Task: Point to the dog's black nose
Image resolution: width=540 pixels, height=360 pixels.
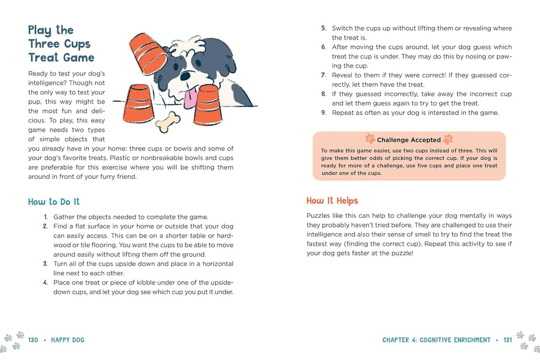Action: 185,76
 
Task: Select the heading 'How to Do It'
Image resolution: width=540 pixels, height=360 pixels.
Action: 54,202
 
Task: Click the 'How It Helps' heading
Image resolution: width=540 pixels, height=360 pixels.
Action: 332,201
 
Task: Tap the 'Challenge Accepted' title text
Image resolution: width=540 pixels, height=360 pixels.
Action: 409,140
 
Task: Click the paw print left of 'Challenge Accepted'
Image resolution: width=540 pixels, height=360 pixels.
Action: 370,139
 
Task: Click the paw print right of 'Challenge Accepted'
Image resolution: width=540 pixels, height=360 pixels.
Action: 448,139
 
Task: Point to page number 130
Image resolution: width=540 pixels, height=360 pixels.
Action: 33,340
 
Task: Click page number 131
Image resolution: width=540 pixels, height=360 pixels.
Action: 507,340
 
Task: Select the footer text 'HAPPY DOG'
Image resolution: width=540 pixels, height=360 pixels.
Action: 68,340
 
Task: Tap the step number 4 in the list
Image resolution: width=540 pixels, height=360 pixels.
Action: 45,283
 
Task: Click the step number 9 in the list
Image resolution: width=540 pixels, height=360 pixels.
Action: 323,113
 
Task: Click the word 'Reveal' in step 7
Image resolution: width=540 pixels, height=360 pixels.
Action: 342,75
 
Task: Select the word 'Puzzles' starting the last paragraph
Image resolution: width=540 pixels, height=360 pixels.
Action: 318,216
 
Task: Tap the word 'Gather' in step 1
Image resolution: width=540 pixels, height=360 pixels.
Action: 64,217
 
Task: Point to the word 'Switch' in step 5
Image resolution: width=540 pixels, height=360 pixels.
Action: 342,28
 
